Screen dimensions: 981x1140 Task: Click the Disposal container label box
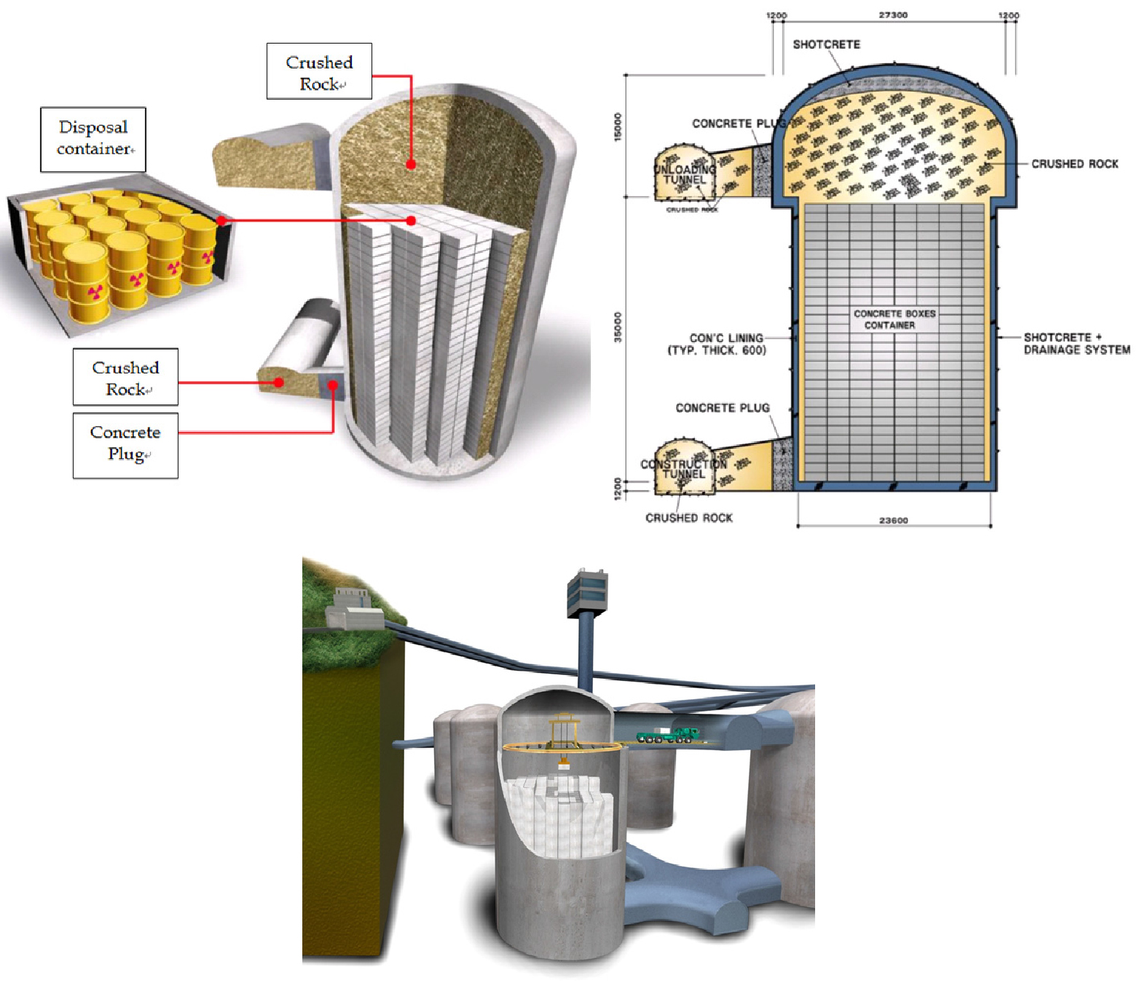point(93,139)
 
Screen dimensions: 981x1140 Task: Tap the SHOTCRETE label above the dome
point(826,44)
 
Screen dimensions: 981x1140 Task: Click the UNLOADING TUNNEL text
point(684,174)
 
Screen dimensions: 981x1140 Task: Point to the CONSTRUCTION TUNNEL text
point(683,468)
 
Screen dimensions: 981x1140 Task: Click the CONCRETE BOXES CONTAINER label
point(894,319)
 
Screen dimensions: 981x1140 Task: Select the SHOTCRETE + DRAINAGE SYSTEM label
point(1076,343)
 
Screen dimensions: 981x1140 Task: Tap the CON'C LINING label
point(718,344)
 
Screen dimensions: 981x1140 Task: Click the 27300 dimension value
point(893,15)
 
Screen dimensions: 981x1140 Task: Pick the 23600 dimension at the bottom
point(893,520)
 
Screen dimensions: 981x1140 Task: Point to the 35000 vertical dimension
point(618,327)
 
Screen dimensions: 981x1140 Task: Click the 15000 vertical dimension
point(618,127)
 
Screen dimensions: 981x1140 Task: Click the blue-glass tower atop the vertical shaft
point(587,590)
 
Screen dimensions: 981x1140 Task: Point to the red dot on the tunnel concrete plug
point(333,385)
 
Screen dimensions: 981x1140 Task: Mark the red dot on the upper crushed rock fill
point(411,165)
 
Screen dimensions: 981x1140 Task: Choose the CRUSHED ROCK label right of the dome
point(1074,164)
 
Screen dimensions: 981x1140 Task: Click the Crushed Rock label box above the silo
point(319,72)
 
